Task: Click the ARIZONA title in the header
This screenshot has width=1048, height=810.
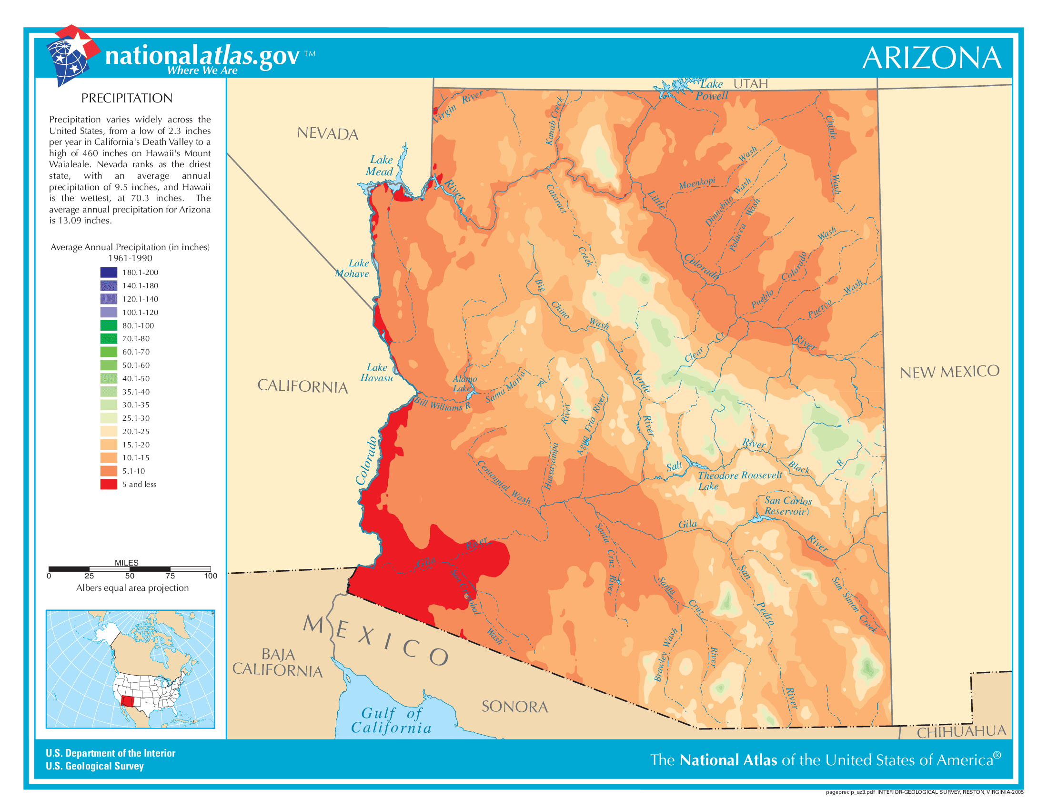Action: tap(931, 58)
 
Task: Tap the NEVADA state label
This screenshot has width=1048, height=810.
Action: tap(327, 133)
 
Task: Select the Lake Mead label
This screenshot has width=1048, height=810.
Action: tap(381, 165)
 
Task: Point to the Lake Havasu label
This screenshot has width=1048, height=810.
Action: tap(377, 373)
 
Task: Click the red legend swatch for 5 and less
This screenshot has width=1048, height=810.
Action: tap(109, 484)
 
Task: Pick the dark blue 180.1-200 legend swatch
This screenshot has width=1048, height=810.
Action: tap(109, 272)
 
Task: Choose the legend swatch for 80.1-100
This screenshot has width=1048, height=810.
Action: tap(109, 325)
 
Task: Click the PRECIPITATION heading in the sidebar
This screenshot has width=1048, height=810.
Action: tap(127, 98)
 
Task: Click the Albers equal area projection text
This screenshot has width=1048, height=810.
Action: tap(132, 588)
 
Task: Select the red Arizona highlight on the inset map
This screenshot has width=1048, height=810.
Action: tap(128, 701)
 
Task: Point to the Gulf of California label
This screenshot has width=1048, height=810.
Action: tap(391, 721)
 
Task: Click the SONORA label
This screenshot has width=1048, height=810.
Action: tap(514, 706)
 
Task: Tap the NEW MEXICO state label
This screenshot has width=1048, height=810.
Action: tap(949, 372)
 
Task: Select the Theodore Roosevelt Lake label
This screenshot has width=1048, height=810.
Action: tap(739, 480)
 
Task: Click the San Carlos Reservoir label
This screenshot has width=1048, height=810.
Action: tap(787, 506)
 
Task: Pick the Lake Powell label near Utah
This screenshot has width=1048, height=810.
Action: tap(712, 90)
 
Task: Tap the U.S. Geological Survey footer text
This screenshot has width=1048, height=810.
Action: tap(94, 766)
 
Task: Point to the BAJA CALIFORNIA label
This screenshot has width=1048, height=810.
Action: tap(277, 662)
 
